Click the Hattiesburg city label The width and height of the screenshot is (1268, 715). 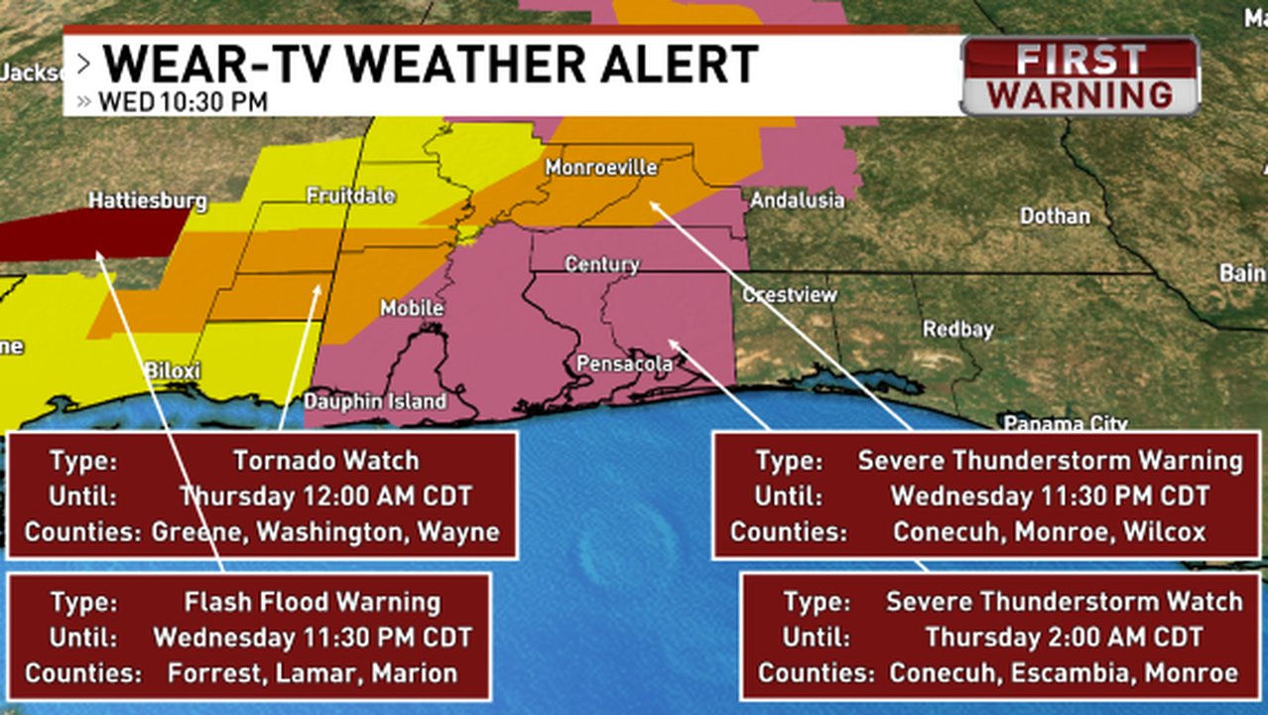[x=148, y=202]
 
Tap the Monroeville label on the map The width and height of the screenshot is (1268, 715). [x=601, y=169]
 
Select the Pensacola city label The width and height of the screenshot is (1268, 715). [x=624, y=364]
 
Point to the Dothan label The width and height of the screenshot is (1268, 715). [x=1056, y=215]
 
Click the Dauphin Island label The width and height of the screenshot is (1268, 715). [x=375, y=402]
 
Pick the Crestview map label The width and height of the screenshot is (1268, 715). [x=790, y=295]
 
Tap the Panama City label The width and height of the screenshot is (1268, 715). [x=1065, y=424]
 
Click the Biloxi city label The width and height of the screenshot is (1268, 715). [x=173, y=371]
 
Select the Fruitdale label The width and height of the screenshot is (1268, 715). [x=350, y=197]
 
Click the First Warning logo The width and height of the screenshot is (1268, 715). [x=1080, y=76]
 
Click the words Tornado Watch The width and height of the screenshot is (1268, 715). [x=325, y=461]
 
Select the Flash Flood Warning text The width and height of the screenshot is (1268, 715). [x=313, y=602]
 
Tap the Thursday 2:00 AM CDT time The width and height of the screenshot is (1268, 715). [x=1064, y=637]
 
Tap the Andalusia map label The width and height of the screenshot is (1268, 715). [x=797, y=201]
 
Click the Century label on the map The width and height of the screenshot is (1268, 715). [x=601, y=264]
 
